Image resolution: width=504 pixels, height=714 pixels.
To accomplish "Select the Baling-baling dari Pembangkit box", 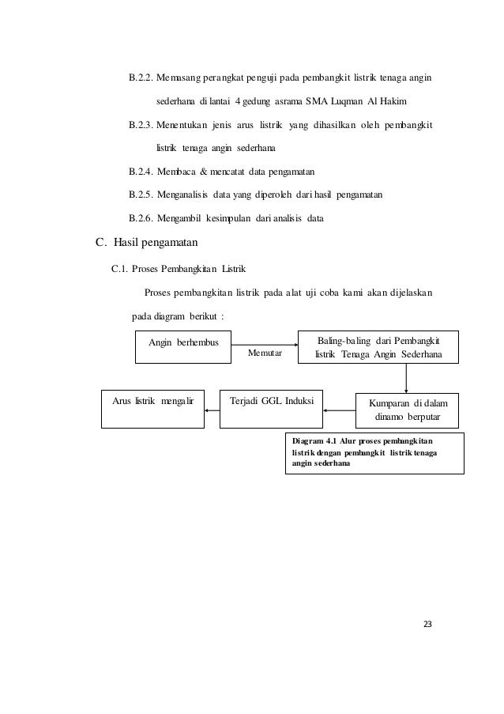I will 378,347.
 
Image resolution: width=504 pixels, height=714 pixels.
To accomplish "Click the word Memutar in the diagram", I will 265,353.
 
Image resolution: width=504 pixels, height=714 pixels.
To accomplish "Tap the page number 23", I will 428,625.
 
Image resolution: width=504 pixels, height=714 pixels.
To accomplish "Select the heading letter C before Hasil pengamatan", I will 100,242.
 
